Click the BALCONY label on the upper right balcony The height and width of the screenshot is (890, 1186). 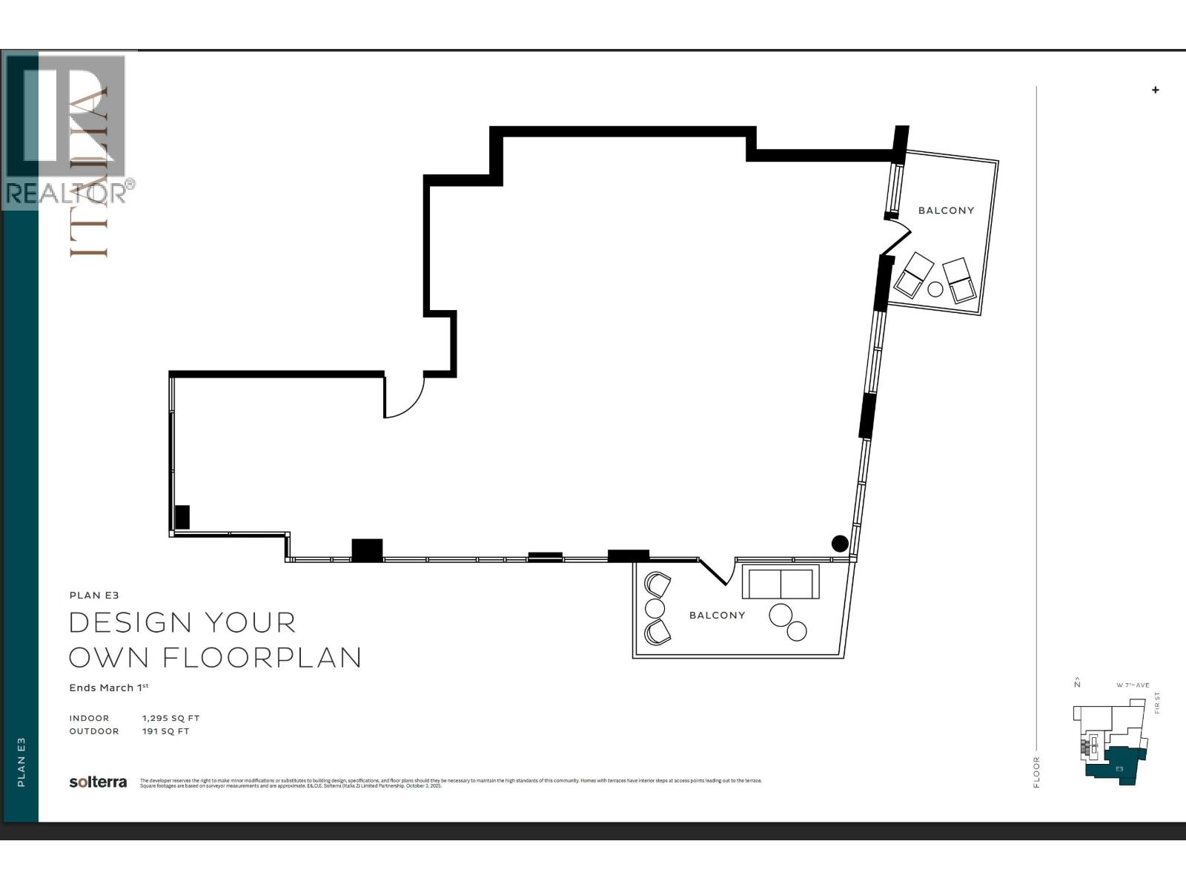[x=946, y=211]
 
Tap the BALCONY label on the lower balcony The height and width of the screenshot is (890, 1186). [x=717, y=616]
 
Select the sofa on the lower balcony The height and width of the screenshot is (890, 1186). [x=781, y=582]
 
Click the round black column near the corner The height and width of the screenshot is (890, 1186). [x=839, y=544]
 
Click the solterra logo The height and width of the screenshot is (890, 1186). [x=98, y=782]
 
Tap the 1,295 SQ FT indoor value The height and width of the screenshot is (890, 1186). [x=170, y=718]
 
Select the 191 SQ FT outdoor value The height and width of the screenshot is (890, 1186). [x=165, y=731]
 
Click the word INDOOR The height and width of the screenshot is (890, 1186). [x=89, y=718]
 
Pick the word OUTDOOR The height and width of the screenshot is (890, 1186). [x=94, y=731]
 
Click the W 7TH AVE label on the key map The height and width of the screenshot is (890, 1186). [x=1133, y=685]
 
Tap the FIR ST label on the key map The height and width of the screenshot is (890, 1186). [x=1157, y=702]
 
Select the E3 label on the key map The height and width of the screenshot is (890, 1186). [x=1119, y=769]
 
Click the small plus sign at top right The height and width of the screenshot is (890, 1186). [x=1155, y=90]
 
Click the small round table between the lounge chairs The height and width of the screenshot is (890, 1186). [x=935, y=289]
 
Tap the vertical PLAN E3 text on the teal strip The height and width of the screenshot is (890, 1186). [x=21, y=762]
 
